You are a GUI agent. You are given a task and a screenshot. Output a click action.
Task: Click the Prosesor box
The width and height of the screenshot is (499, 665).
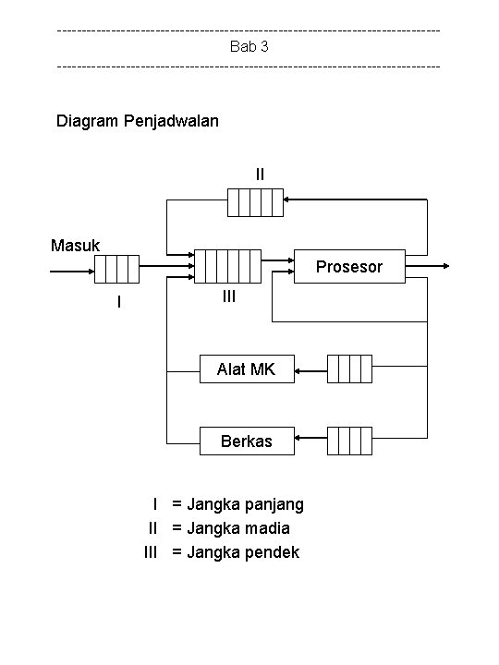click(350, 267)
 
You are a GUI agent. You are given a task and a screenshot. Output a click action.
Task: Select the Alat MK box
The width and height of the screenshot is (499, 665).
click(247, 369)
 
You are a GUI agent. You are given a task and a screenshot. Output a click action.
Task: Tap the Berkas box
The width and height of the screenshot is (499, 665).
click(247, 441)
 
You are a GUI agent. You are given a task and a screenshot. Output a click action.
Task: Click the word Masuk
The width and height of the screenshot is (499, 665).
click(76, 246)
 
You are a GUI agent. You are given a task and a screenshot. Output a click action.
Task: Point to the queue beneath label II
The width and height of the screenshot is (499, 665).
click(255, 202)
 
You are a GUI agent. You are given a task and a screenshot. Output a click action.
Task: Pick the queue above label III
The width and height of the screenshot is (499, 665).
click(228, 267)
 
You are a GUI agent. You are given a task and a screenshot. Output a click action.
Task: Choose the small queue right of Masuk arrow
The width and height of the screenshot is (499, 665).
click(116, 269)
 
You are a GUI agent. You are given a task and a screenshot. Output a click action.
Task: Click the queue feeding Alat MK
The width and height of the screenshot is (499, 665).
click(349, 369)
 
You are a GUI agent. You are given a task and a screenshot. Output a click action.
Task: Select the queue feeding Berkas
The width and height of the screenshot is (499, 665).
click(349, 441)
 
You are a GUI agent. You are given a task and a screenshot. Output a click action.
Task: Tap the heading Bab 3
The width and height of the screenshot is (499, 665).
click(249, 46)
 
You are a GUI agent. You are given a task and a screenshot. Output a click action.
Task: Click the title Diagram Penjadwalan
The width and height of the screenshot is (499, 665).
click(138, 121)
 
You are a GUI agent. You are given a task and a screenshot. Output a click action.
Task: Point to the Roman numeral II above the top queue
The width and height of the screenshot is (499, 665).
click(260, 173)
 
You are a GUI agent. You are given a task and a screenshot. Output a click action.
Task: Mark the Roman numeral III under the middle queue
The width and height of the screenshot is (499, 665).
click(229, 296)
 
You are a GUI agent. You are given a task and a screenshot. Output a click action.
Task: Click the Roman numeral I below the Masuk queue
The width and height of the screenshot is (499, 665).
click(118, 302)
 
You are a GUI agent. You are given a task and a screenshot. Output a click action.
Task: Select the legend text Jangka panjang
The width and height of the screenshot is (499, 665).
click(245, 504)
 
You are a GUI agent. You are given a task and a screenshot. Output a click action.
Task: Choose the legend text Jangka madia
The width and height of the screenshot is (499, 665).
click(238, 528)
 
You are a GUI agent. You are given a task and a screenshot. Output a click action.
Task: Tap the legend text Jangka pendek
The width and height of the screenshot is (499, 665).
click(242, 552)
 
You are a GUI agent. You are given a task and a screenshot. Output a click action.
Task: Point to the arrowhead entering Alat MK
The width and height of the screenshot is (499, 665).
click(299, 372)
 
